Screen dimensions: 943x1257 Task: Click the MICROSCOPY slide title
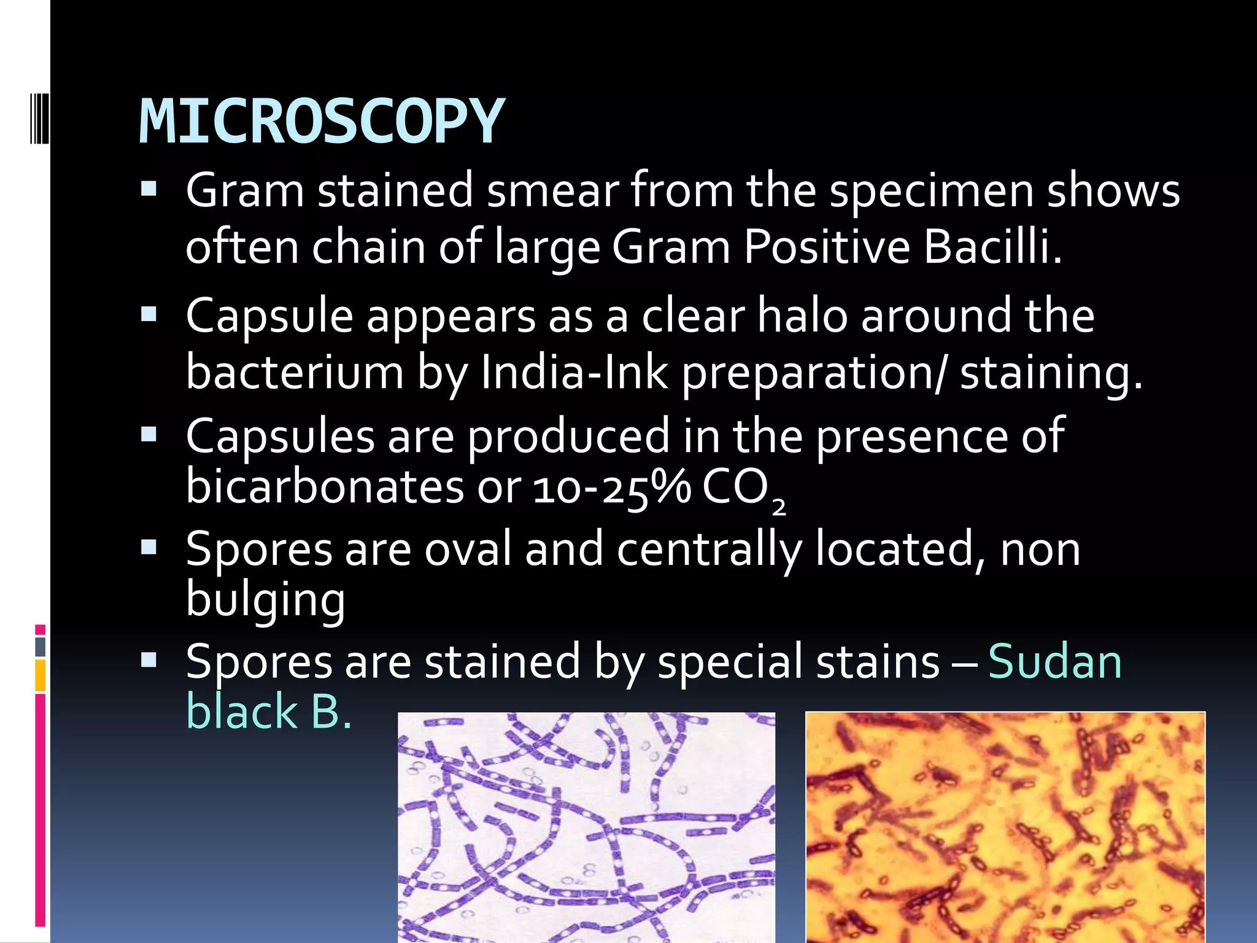point(322,122)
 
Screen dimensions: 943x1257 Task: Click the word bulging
point(265,600)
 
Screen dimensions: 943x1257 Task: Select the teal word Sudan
point(1054,662)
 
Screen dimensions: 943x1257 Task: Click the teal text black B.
point(269,712)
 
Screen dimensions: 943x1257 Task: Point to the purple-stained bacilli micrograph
point(586,826)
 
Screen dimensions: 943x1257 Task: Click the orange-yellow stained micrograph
point(1005,826)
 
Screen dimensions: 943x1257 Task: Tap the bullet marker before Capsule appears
point(149,316)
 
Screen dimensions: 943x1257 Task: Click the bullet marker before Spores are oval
point(149,546)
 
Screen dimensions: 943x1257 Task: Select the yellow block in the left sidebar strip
point(40,675)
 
